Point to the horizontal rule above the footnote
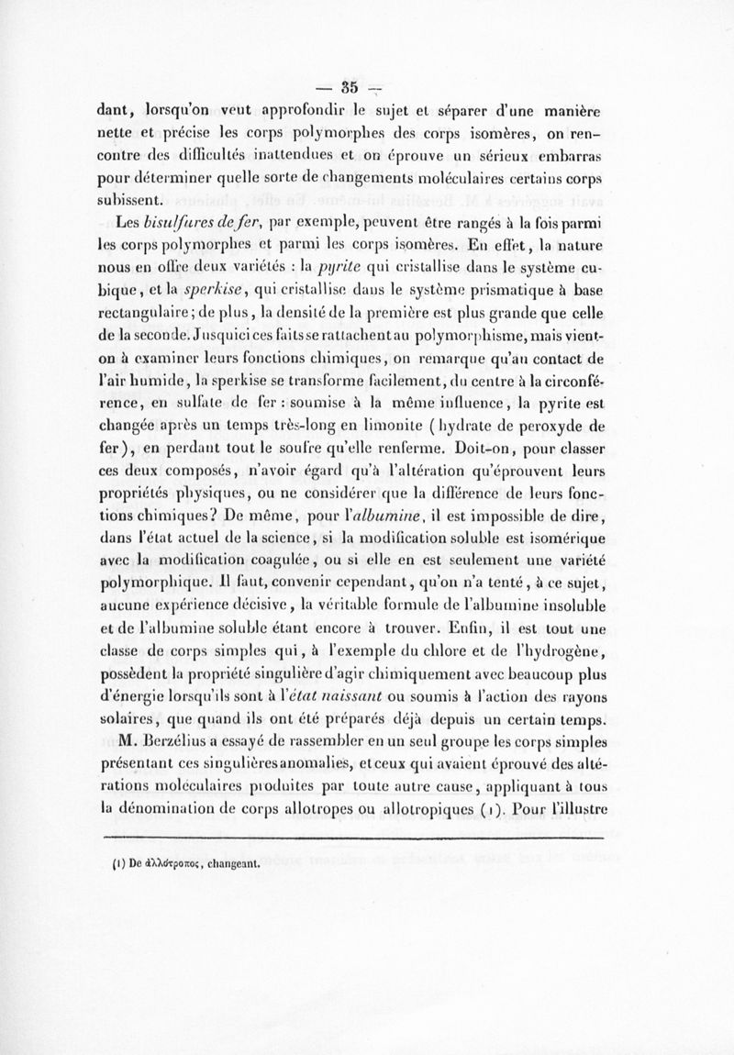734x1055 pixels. point(367,837)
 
